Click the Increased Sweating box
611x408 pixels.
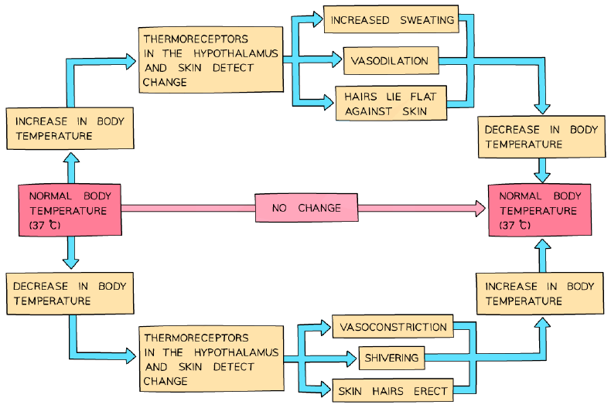[x=391, y=19]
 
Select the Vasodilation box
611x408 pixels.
[x=391, y=60]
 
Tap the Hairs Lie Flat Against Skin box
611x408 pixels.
[x=391, y=104]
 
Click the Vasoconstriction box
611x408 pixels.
[x=393, y=326]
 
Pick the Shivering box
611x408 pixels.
[x=391, y=358]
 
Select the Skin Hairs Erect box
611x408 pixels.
[x=393, y=390]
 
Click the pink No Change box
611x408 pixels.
[x=306, y=208]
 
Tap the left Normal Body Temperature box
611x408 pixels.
[x=70, y=210]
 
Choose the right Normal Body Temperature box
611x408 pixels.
[x=540, y=210]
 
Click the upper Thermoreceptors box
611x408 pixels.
[x=211, y=60]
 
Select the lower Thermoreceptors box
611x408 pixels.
[x=212, y=359]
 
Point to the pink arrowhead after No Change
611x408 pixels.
[x=480, y=209]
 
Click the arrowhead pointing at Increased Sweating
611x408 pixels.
[x=317, y=19]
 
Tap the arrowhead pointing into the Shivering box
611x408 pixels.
[x=351, y=359]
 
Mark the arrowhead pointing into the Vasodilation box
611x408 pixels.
[x=336, y=59]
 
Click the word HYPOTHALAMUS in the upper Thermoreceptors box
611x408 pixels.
[x=236, y=53]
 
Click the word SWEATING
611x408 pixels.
[x=427, y=20]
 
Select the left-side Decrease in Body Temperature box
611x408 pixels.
[x=70, y=294]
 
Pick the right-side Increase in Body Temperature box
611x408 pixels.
[x=540, y=294]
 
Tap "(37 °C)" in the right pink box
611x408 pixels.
[x=515, y=225]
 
